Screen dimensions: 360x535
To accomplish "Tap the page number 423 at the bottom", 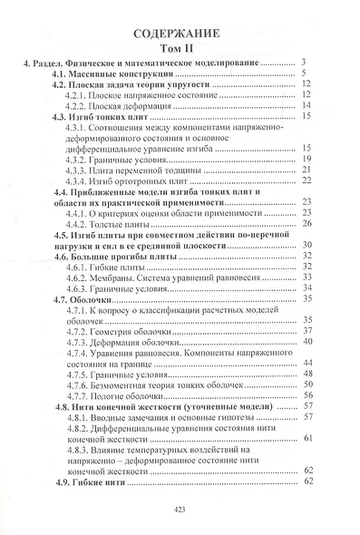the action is (179, 511).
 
